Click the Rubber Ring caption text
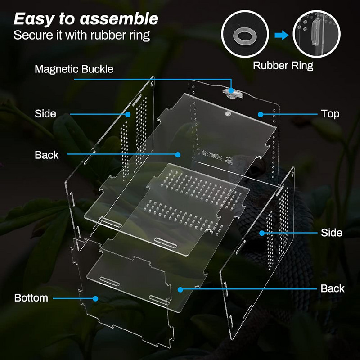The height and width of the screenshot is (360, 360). tap(283, 65)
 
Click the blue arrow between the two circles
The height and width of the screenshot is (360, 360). tap(281, 35)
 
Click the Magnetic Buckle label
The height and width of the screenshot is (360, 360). tap(74, 69)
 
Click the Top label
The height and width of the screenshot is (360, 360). tap(330, 114)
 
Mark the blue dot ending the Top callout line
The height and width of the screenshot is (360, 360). tap(260, 114)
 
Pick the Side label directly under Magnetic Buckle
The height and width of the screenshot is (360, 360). tap(45, 114)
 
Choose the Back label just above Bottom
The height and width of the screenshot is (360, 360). tap(46, 155)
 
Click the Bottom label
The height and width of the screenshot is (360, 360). tap(31, 298)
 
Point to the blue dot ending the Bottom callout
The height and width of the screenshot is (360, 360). tap(95, 298)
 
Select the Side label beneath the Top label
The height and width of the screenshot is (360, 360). tap(331, 233)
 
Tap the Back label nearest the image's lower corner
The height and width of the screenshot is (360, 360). tap(333, 288)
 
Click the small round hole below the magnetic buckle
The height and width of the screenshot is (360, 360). tap(228, 114)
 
